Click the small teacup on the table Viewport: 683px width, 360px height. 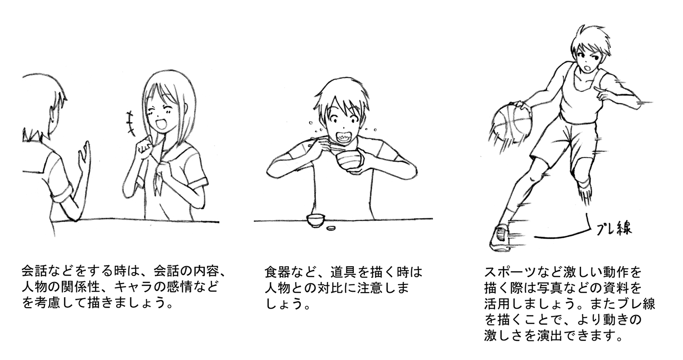pyautogui.click(x=315, y=221)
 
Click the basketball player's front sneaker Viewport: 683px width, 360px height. pyautogui.click(x=500, y=236)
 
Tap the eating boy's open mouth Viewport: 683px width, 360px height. pyautogui.click(x=343, y=136)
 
